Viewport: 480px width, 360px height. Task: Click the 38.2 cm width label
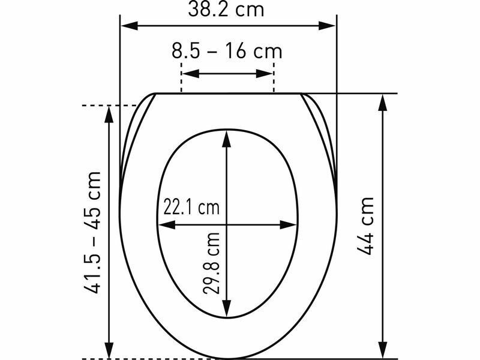click(226, 8)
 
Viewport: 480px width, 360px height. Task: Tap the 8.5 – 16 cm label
click(227, 52)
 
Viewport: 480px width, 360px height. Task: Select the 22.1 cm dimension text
click(191, 207)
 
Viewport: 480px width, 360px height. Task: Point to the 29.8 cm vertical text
click(212, 263)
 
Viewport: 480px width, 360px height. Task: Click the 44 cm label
click(365, 226)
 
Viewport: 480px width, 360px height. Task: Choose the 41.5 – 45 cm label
click(92, 233)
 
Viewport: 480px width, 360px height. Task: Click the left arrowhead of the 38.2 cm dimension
click(130, 26)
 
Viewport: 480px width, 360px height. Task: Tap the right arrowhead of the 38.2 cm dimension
click(327, 26)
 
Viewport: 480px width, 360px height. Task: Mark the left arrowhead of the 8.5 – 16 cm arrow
click(191, 74)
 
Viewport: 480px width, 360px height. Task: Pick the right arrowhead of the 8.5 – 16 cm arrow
click(264, 74)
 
